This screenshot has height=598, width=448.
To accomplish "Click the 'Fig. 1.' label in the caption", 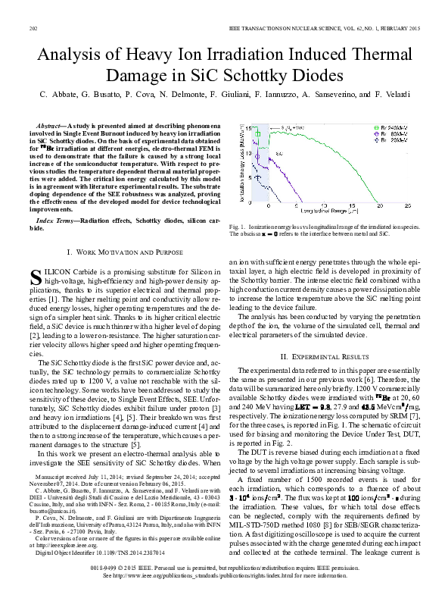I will [238, 226].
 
